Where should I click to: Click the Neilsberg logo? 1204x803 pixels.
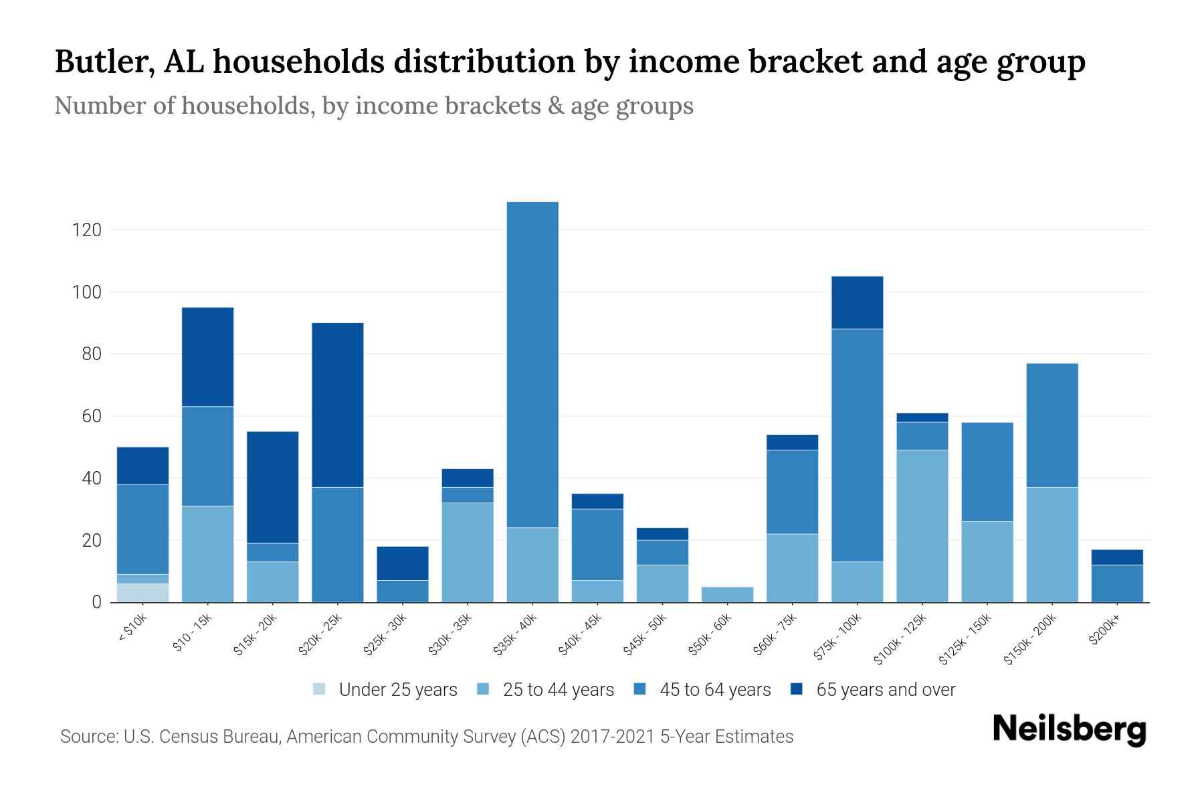click(x=1069, y=729)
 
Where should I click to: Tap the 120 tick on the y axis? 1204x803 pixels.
click(x=86, y=230)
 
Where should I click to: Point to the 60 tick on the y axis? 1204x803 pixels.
click(x=92, y=416)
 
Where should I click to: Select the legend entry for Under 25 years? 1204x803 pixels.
click(x=397, y=690)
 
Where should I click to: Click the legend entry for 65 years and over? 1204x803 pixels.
click(x=885, y=690)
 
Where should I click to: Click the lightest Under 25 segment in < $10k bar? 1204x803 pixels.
click(x=142, y=593)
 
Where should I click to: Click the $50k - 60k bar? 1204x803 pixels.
click(x=727, y=594)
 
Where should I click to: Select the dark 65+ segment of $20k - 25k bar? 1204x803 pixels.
click(x=338, y=405)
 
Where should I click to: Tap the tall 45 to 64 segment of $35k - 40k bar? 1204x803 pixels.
click(x=532, y=365)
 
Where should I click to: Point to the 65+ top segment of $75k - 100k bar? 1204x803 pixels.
click(x=857, y=302)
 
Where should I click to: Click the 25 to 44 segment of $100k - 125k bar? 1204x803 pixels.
click(x=922, y=526)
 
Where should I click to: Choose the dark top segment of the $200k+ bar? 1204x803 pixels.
click(x=1117, y=557)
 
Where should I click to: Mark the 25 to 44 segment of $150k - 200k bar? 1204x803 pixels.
click(x=1051, y=545)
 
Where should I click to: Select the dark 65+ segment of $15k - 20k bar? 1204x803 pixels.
click(x=273, y=487)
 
